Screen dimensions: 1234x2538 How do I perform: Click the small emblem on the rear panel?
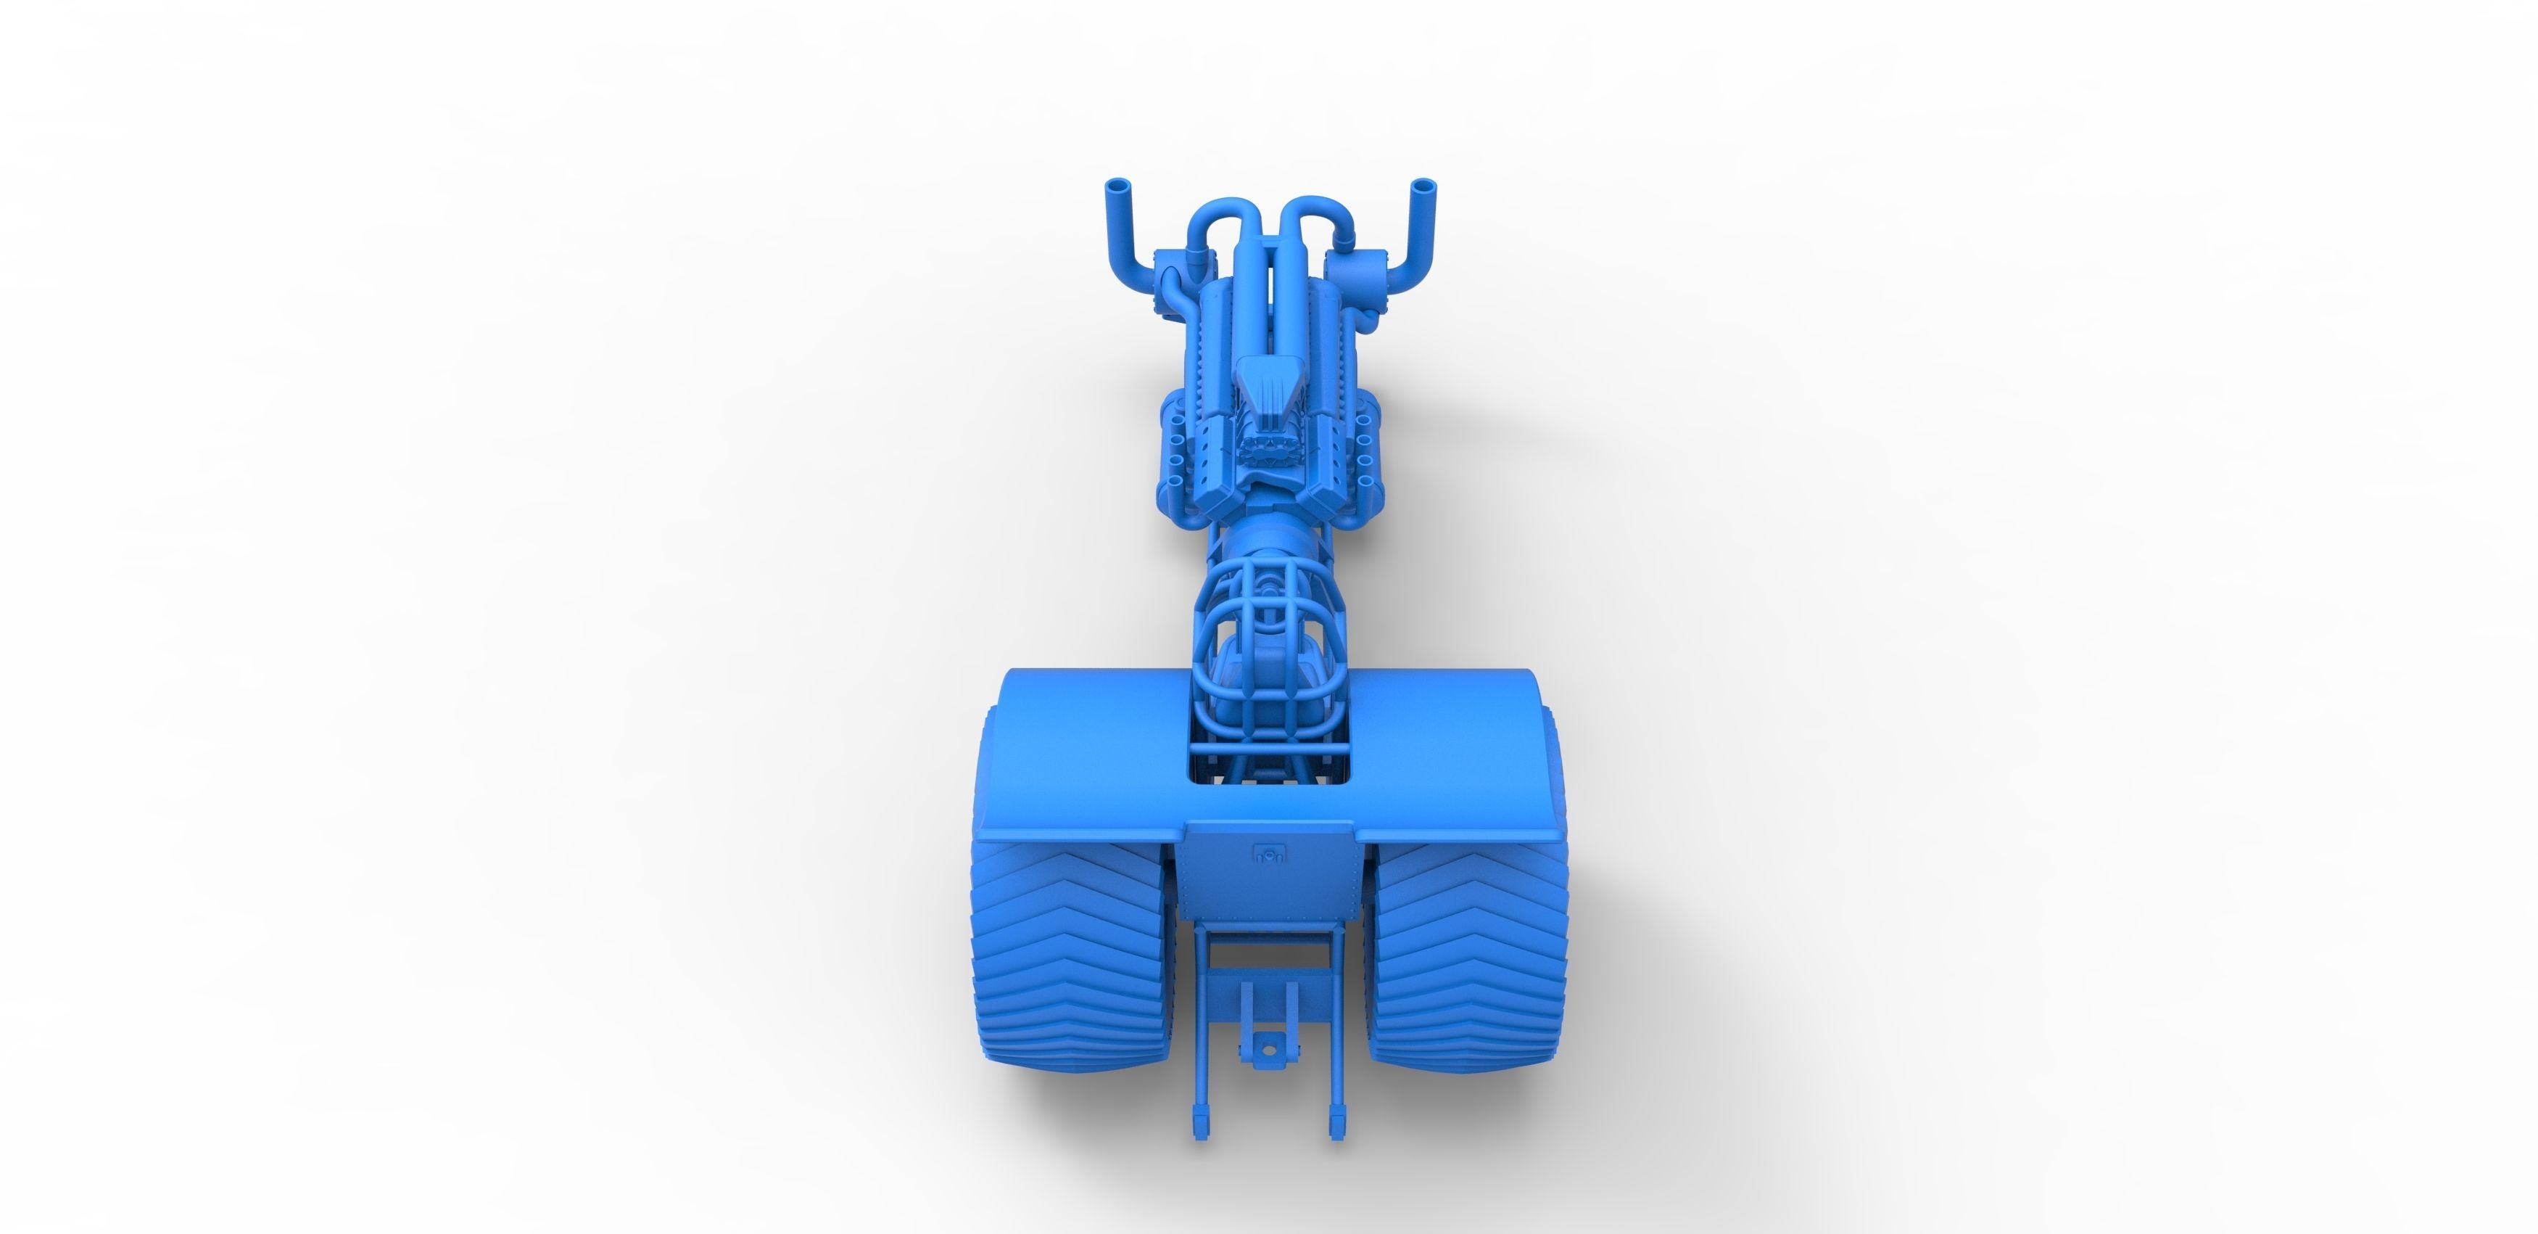[x=1268, y=854]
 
